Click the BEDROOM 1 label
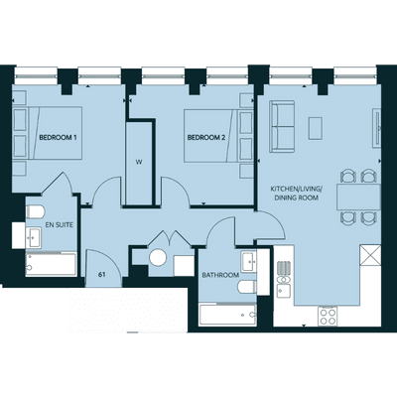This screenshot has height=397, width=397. [58, 137]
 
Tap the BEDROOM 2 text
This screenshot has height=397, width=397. [206, 137]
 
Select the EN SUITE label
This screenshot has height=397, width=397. [59, 225]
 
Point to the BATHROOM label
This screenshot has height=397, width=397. [220, 275]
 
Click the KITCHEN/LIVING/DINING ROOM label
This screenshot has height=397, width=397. [296, 194]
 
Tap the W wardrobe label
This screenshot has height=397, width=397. [139, 162]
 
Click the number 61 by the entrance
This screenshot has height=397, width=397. [102, 275]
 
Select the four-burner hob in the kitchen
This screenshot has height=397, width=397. [328, 317]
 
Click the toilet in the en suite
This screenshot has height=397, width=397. [35, 211]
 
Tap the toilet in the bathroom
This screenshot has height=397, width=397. [247, 287]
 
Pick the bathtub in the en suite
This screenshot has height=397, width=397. [52, 264]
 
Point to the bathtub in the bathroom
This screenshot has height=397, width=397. [228, 315]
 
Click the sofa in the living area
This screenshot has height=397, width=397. [282, 126]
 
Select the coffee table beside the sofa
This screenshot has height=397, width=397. [316, 128]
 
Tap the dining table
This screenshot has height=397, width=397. [358, 198]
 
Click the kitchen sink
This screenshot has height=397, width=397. [284, 290]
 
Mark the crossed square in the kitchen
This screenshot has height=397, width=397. [370, 255]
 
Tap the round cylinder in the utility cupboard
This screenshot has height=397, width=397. [158, 258]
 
